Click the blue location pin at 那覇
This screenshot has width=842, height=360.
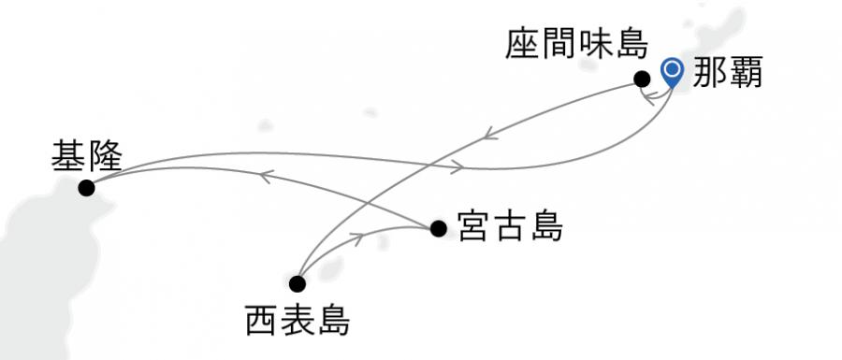pyautogui.click(x=672, y=71)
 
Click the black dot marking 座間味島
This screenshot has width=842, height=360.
pyautogui.click(x=642, y=79)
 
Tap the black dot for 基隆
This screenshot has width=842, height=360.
pyautogui.click(x=87, y=187)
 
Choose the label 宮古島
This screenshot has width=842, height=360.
pyautogui.click(x=510, y=226)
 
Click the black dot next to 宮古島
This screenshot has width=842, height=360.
pyautogui.click(x=438, y=227)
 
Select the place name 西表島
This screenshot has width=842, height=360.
pyautogui.click(x=297, y=321)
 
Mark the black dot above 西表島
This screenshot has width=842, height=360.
pyautogui.click(x=298, y=283)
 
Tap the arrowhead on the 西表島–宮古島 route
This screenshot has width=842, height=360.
pyautogui.click(x=356, y=238)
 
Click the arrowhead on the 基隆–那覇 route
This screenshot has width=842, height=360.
pyautogui.click(x=457, y=167)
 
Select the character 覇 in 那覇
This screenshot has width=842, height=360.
pyautogui.click(x=746, y=74)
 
